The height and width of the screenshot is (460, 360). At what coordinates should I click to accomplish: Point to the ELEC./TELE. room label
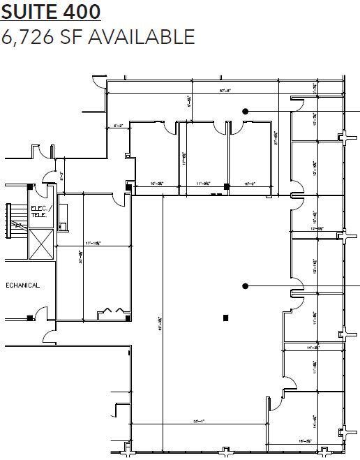(x=38, y=212)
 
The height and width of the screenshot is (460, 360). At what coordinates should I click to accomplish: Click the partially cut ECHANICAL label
(x=23, y=285)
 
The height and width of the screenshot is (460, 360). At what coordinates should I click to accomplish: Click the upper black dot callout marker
(x=245, y=110)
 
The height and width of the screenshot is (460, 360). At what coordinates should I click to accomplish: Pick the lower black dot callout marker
(x=245, y=285)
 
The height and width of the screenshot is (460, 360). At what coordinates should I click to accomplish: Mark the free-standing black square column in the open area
(x=225, y=318)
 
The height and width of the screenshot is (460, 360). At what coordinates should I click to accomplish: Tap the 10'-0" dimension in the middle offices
(x=249, y=184)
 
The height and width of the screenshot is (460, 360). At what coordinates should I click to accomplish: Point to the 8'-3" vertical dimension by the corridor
(x=61, y=175)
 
